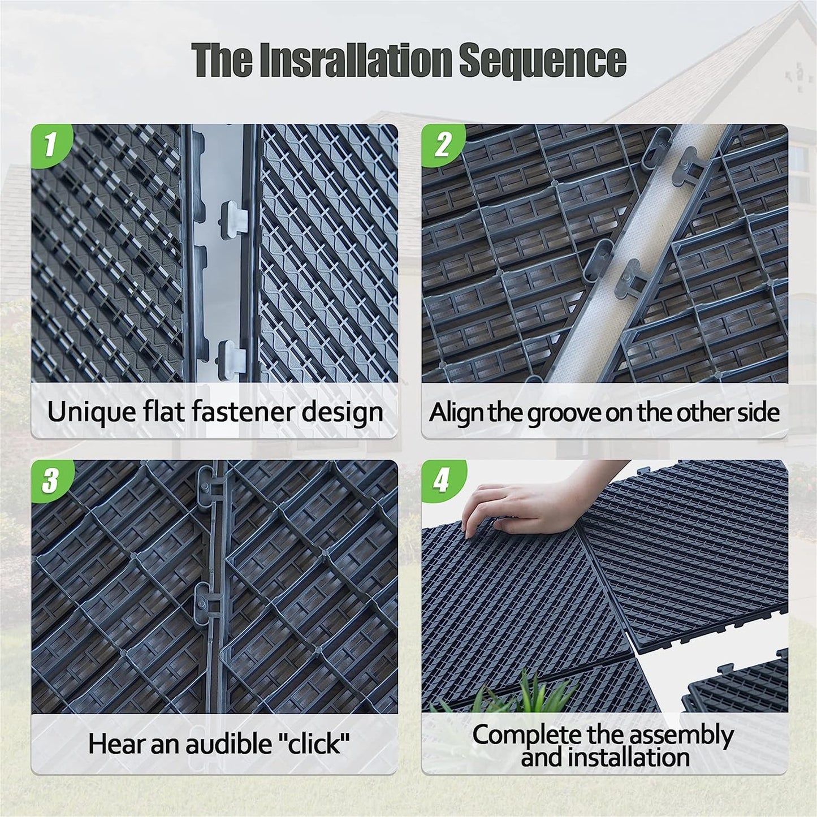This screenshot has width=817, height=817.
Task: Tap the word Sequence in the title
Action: [542, 59]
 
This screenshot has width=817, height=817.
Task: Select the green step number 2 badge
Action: [442, 145]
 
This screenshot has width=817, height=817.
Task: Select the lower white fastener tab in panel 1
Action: [231, 353]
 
